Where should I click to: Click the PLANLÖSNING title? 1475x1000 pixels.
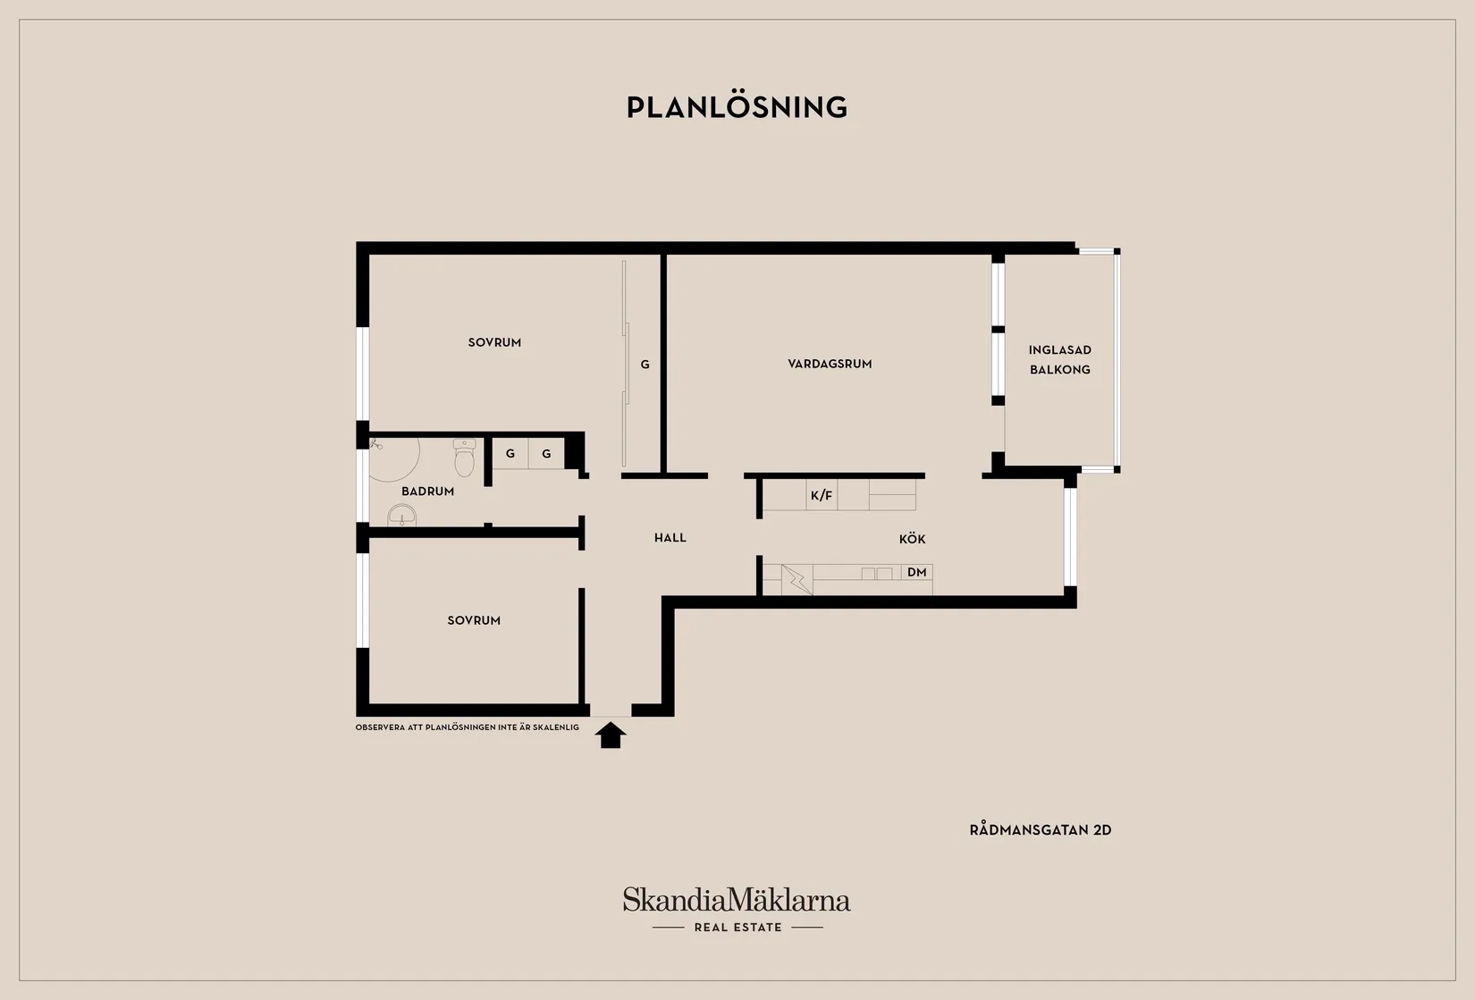(737, 107)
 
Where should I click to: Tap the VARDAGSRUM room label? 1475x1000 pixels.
(830, 364)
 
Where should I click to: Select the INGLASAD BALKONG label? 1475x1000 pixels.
(1060, 359)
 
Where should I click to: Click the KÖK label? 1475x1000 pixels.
(912, 539)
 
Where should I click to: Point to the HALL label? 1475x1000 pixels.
(670, 538)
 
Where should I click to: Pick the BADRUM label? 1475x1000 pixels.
(427, 492)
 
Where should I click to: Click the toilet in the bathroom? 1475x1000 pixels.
(464, 458)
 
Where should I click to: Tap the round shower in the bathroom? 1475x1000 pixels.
(393, 458)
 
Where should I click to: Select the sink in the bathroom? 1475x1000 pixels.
(401, 516)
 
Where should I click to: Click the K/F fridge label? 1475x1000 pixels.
(822, 496)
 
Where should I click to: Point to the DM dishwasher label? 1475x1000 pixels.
(916, 572)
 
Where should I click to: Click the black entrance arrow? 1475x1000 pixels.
(611, 735)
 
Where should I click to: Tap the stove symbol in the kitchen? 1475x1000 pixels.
(797, 580)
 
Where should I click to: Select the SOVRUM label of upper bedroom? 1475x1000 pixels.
(494, 342)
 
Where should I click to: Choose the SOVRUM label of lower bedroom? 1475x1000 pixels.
(474, 620)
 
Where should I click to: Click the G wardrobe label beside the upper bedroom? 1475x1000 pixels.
(645, 364)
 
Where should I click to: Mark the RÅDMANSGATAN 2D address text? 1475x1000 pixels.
(1041, 830)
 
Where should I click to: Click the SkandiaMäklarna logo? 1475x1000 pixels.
(737, 900)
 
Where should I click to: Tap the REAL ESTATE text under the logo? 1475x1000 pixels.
(738, 928)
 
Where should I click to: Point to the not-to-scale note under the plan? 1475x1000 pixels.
(468, 727)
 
